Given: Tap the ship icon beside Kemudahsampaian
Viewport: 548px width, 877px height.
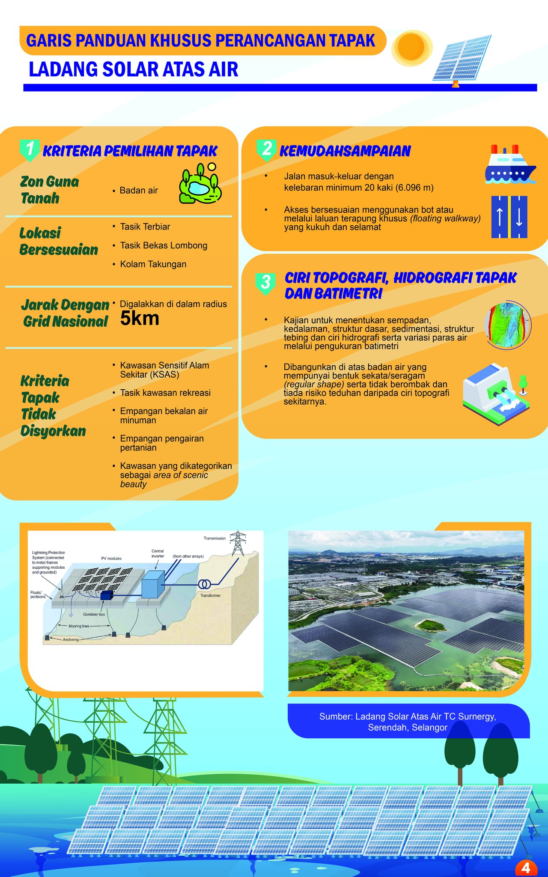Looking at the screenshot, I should coord(509,165).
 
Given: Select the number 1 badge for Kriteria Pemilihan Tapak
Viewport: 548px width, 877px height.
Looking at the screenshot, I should coord(30,150).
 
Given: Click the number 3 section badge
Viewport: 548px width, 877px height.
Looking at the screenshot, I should coord(265,283).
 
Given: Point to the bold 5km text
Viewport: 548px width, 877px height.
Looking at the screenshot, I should coord(140,318).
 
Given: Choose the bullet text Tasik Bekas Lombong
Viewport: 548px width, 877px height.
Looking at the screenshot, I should coord(164,245).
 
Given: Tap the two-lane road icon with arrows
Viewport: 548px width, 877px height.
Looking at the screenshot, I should coord(509,217).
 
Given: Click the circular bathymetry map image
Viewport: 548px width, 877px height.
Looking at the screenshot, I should coord(508,324).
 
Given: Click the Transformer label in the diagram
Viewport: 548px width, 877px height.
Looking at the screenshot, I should coord(211,596).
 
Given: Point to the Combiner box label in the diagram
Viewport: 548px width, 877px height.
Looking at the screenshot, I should coord(94,614).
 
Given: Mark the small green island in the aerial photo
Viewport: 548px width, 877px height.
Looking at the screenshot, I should coord(430,626).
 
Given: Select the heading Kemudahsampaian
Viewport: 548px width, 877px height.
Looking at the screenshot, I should coord(345,151).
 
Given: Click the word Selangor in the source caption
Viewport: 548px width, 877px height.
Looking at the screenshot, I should coord(429,728).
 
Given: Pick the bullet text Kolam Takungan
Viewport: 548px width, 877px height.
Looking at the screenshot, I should coord(153,264).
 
